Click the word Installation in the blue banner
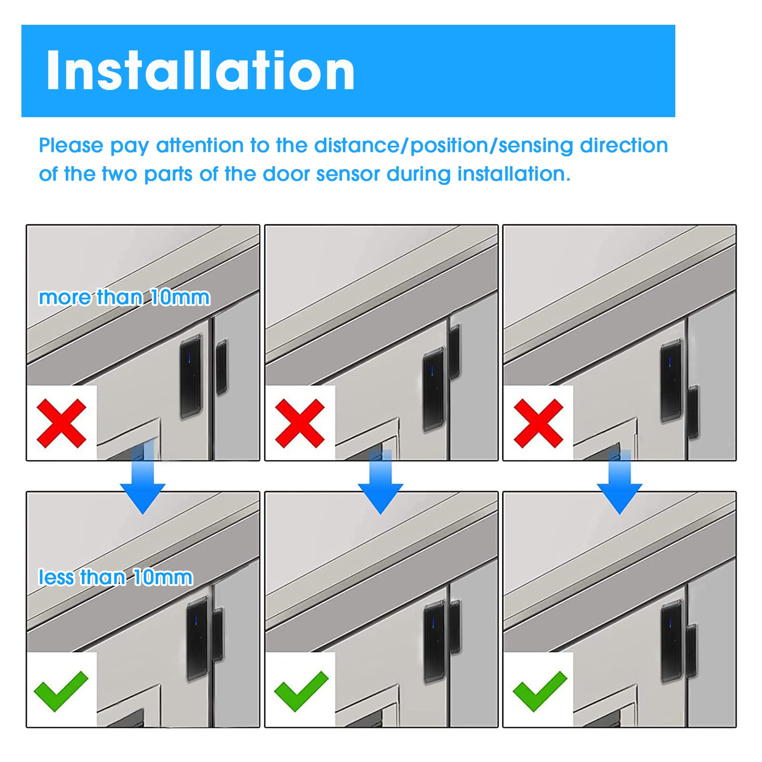coord(201,70)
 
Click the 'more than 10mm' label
coord(124,297)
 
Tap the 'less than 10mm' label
coord(116,577)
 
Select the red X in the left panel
coord(62,423)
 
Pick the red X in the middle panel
coord(300,423)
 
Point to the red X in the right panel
coord(539,423)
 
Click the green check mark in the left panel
coord(61,691)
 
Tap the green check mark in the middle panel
coord(301,691)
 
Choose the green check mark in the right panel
coord(540,691)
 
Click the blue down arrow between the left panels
coord(143,476)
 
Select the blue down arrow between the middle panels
coord(381,481)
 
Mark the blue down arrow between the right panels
coord(620,481)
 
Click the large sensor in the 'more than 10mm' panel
coord(191,376)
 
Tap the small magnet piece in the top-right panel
coord(693,412)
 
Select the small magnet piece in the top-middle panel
coord(455,351)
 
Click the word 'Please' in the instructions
coord(71,146)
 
